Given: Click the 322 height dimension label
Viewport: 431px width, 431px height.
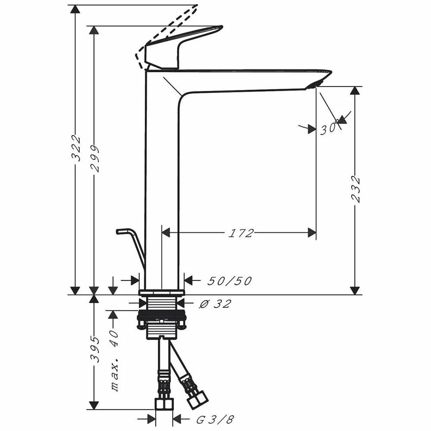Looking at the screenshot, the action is click(x=75, y=147).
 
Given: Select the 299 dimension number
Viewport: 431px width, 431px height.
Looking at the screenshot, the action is click(x=94, y=159).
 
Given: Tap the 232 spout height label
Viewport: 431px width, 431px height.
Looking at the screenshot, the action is click(x=356, y=189).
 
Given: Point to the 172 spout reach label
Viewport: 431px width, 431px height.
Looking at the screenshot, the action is click(x=240, y=233).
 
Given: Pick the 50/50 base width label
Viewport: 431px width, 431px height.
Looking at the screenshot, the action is click(x=229, y=281).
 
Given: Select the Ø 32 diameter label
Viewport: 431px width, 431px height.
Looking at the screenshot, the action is click(x=215, y=304).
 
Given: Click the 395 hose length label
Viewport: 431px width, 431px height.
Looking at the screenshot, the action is click(x=94, y=349).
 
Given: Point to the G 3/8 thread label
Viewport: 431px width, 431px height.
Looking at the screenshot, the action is click(x=215, y=419).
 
